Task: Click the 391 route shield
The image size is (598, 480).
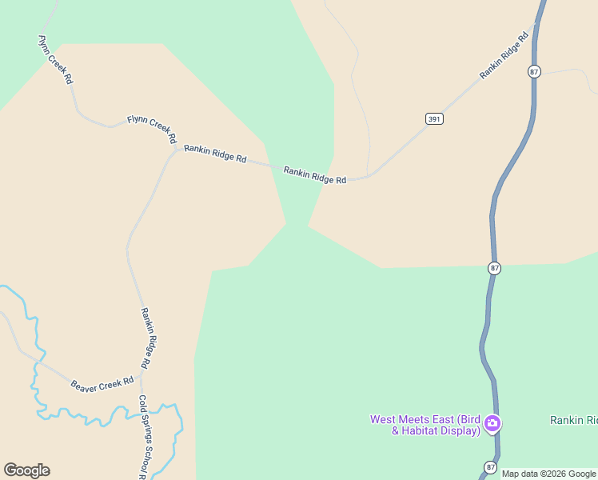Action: point(434,118)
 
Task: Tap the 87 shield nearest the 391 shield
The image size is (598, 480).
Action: point(534,72)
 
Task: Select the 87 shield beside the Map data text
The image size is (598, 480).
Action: point(490,467)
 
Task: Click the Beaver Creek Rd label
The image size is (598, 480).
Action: point(102,385)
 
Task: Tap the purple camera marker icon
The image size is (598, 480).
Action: point(492,424)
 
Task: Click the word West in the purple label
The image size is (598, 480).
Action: point(385,420)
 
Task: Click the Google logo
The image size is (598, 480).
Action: point(26,470)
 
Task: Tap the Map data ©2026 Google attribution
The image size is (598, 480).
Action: point(549,474)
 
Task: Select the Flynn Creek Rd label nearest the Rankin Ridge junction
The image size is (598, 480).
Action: point(152,129)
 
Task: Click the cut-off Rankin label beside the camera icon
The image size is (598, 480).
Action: point(573,420)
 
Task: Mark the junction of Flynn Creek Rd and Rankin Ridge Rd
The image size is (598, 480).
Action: point(177,147)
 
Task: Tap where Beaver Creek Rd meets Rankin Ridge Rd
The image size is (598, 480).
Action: point(142,374)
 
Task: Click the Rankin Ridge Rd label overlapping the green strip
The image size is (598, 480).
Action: point(315,174)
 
